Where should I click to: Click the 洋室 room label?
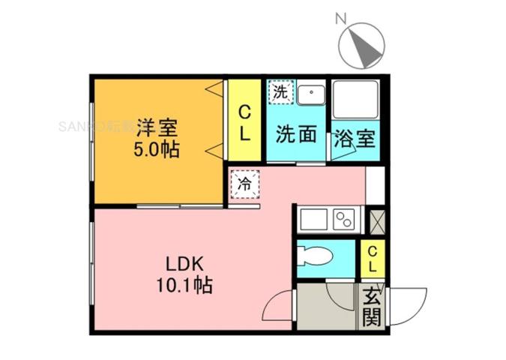(156, 124)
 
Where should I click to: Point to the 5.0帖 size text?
(156, 148)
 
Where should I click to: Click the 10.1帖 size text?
(184, 285)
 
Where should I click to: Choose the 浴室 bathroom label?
(355, 138)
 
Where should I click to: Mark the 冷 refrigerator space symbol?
(244, 183)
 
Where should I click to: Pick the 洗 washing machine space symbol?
(280, 93)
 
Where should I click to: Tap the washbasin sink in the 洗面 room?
(309, 95)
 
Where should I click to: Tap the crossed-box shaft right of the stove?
(376, 219)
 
